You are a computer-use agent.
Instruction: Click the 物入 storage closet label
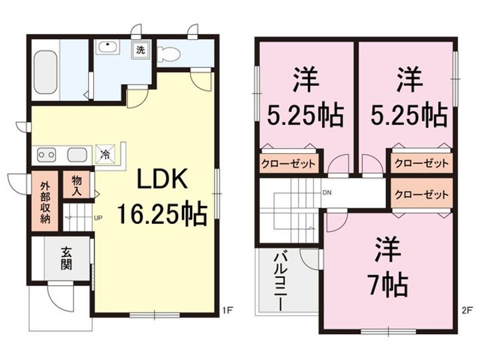[x=76, y=186]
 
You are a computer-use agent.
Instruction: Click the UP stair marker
[x=98, y=217]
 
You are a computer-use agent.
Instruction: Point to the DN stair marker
[x=327, y=193]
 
